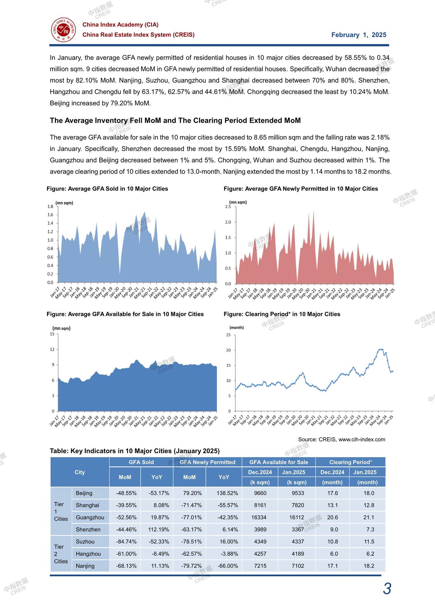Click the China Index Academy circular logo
[x=64, y=30]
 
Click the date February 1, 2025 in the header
[x=359, y=35]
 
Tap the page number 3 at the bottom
[x=387, y=589]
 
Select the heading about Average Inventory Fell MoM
[x=175, y=120]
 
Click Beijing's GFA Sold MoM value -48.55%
[x=126, y=493]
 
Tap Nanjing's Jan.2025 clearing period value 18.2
[x=369, y=566]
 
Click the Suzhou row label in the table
[x=85, y=542]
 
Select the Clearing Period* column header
[x=351, y=462]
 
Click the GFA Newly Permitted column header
[x=208, y=462]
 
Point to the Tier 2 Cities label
[x=61, y=554]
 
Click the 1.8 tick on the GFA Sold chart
[x=50, y=206]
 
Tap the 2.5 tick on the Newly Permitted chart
[x=228, y=207]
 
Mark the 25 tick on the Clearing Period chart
[x=228, y=335]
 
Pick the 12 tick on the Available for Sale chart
[x=52, y=349]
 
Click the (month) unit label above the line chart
[x=237, y=327]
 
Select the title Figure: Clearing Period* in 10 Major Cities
[x=282, y=314]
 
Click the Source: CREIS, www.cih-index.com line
[x=342, y=439]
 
